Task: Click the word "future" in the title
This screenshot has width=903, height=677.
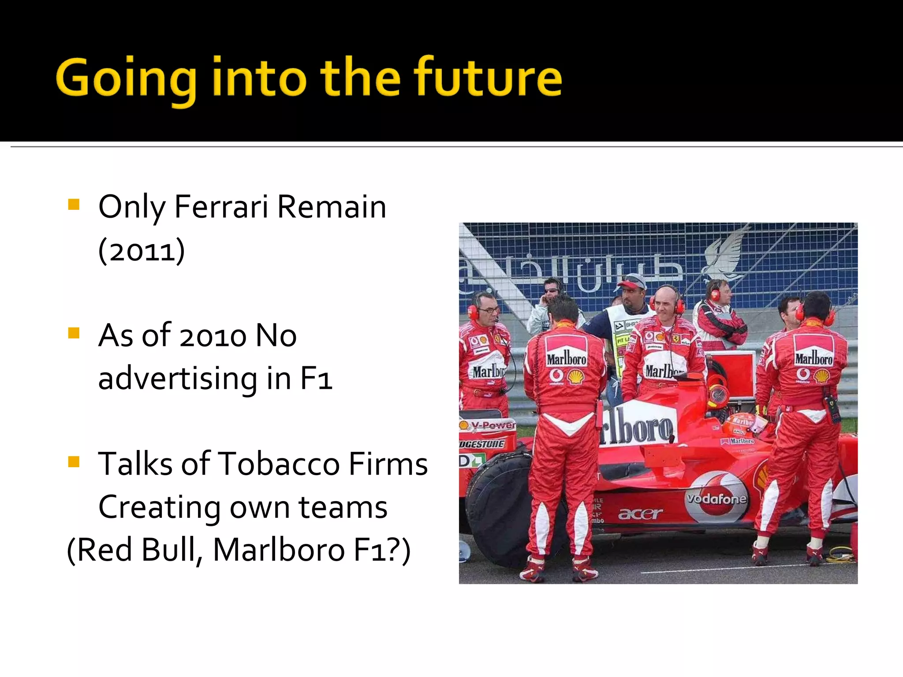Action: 488,78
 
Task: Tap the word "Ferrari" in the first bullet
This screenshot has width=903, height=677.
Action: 221,207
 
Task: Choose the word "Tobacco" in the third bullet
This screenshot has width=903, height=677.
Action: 280,464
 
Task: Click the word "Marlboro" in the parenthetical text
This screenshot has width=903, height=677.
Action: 279,550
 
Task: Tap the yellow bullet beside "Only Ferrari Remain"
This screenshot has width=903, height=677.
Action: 74,205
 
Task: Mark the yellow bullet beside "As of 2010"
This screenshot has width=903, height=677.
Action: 74,333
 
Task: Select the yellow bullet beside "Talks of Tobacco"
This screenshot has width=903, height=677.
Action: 74,462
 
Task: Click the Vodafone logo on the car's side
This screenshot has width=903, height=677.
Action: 716,498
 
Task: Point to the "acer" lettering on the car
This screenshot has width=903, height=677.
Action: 640,513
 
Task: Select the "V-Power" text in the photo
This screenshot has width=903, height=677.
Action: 493,425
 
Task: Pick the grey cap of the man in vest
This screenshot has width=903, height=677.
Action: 633,280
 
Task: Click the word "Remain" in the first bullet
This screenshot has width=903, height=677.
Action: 332,207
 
